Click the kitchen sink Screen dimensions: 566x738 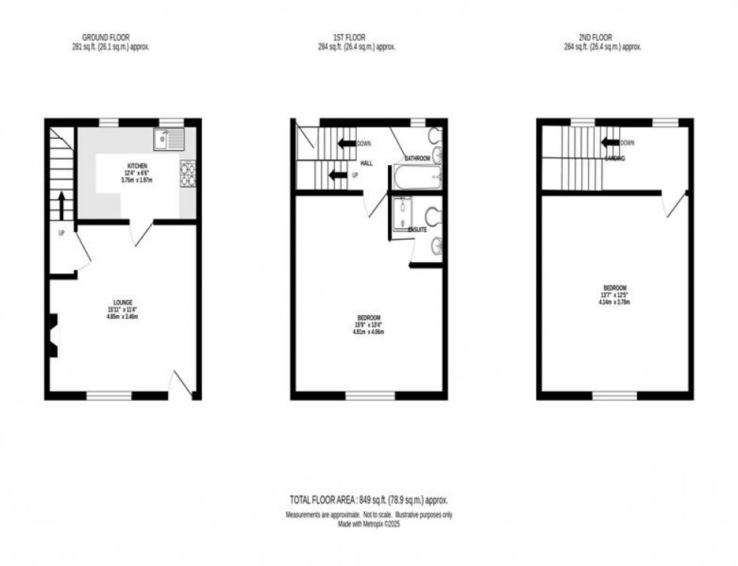(169, 139)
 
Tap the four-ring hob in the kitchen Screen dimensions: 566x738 (187, 174)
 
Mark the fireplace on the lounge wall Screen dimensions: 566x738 (52, 333)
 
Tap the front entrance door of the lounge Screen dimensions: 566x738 (181, 384)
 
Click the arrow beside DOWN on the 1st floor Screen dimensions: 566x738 (346, 143)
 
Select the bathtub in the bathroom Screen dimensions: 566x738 (415, 179)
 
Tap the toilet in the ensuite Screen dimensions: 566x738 (434, 216)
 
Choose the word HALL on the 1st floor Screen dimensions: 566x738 (367, 163)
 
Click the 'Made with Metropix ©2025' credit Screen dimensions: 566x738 (368, 524)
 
